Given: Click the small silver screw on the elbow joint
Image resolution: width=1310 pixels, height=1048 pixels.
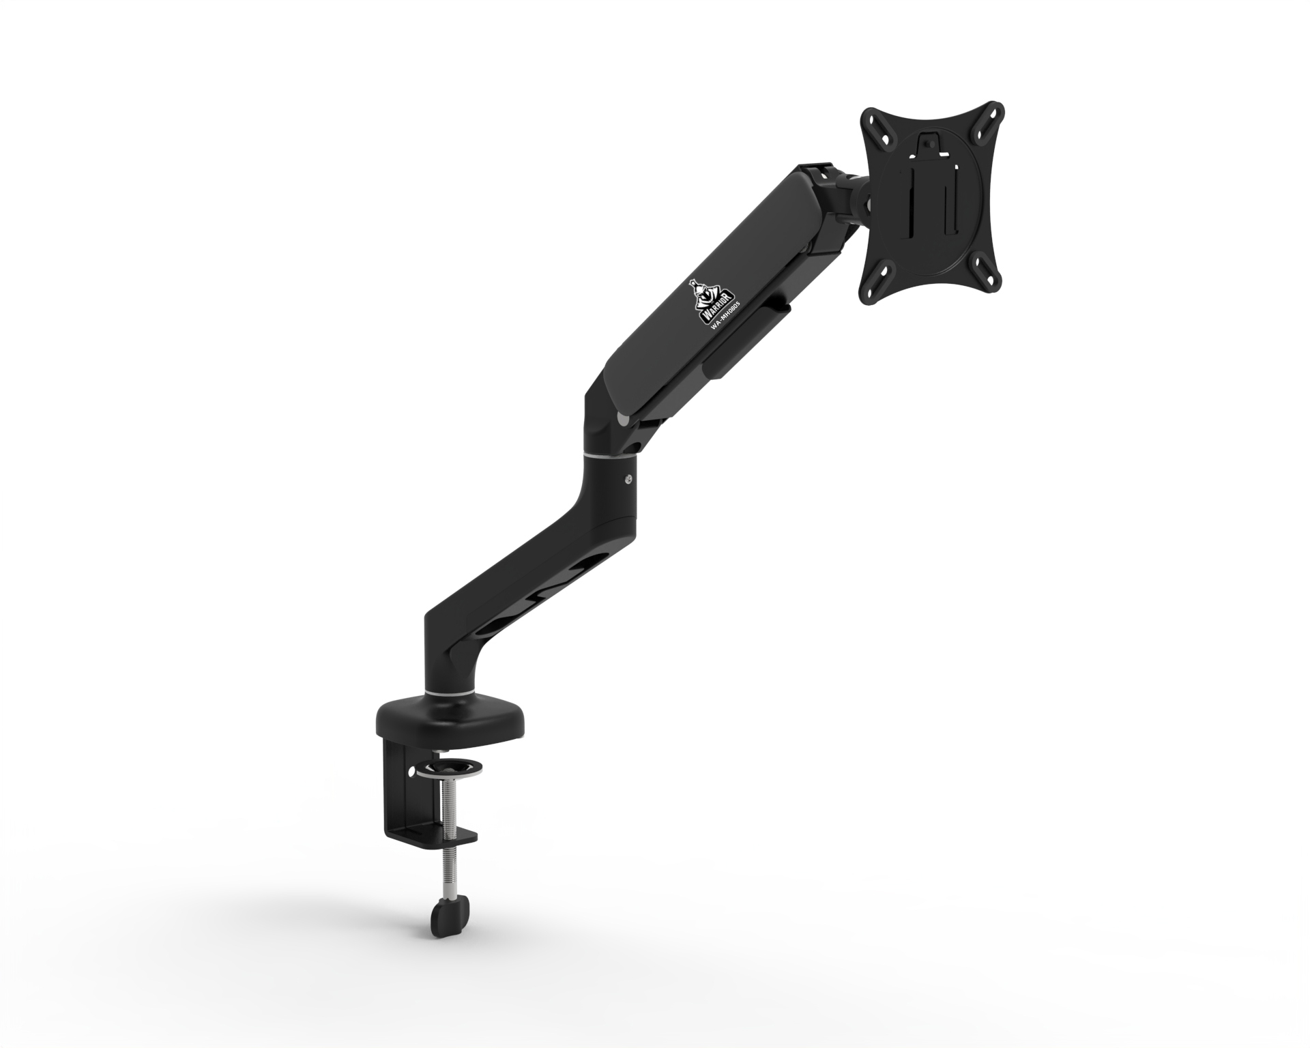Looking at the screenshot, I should tap(628, 479).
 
